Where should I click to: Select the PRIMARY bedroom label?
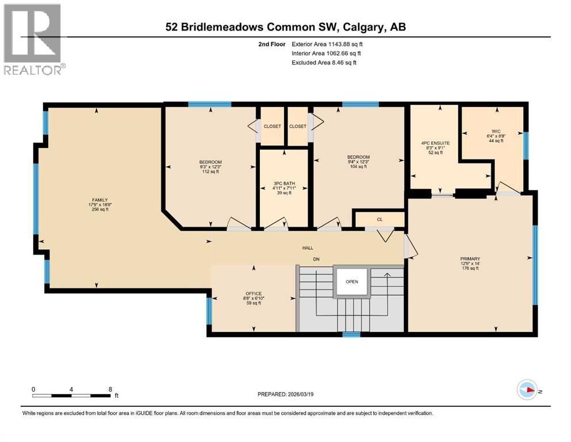click(x=470, y=259)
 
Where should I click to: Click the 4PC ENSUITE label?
click(x=435, y=142)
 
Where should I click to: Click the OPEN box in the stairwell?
click(x=352, y=282)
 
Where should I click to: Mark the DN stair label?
click(x=316, y=259)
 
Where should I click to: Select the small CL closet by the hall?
click(x=380, y=219)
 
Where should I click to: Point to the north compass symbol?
click(x=528, y=390)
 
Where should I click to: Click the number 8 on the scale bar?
click(x=110, y=389)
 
